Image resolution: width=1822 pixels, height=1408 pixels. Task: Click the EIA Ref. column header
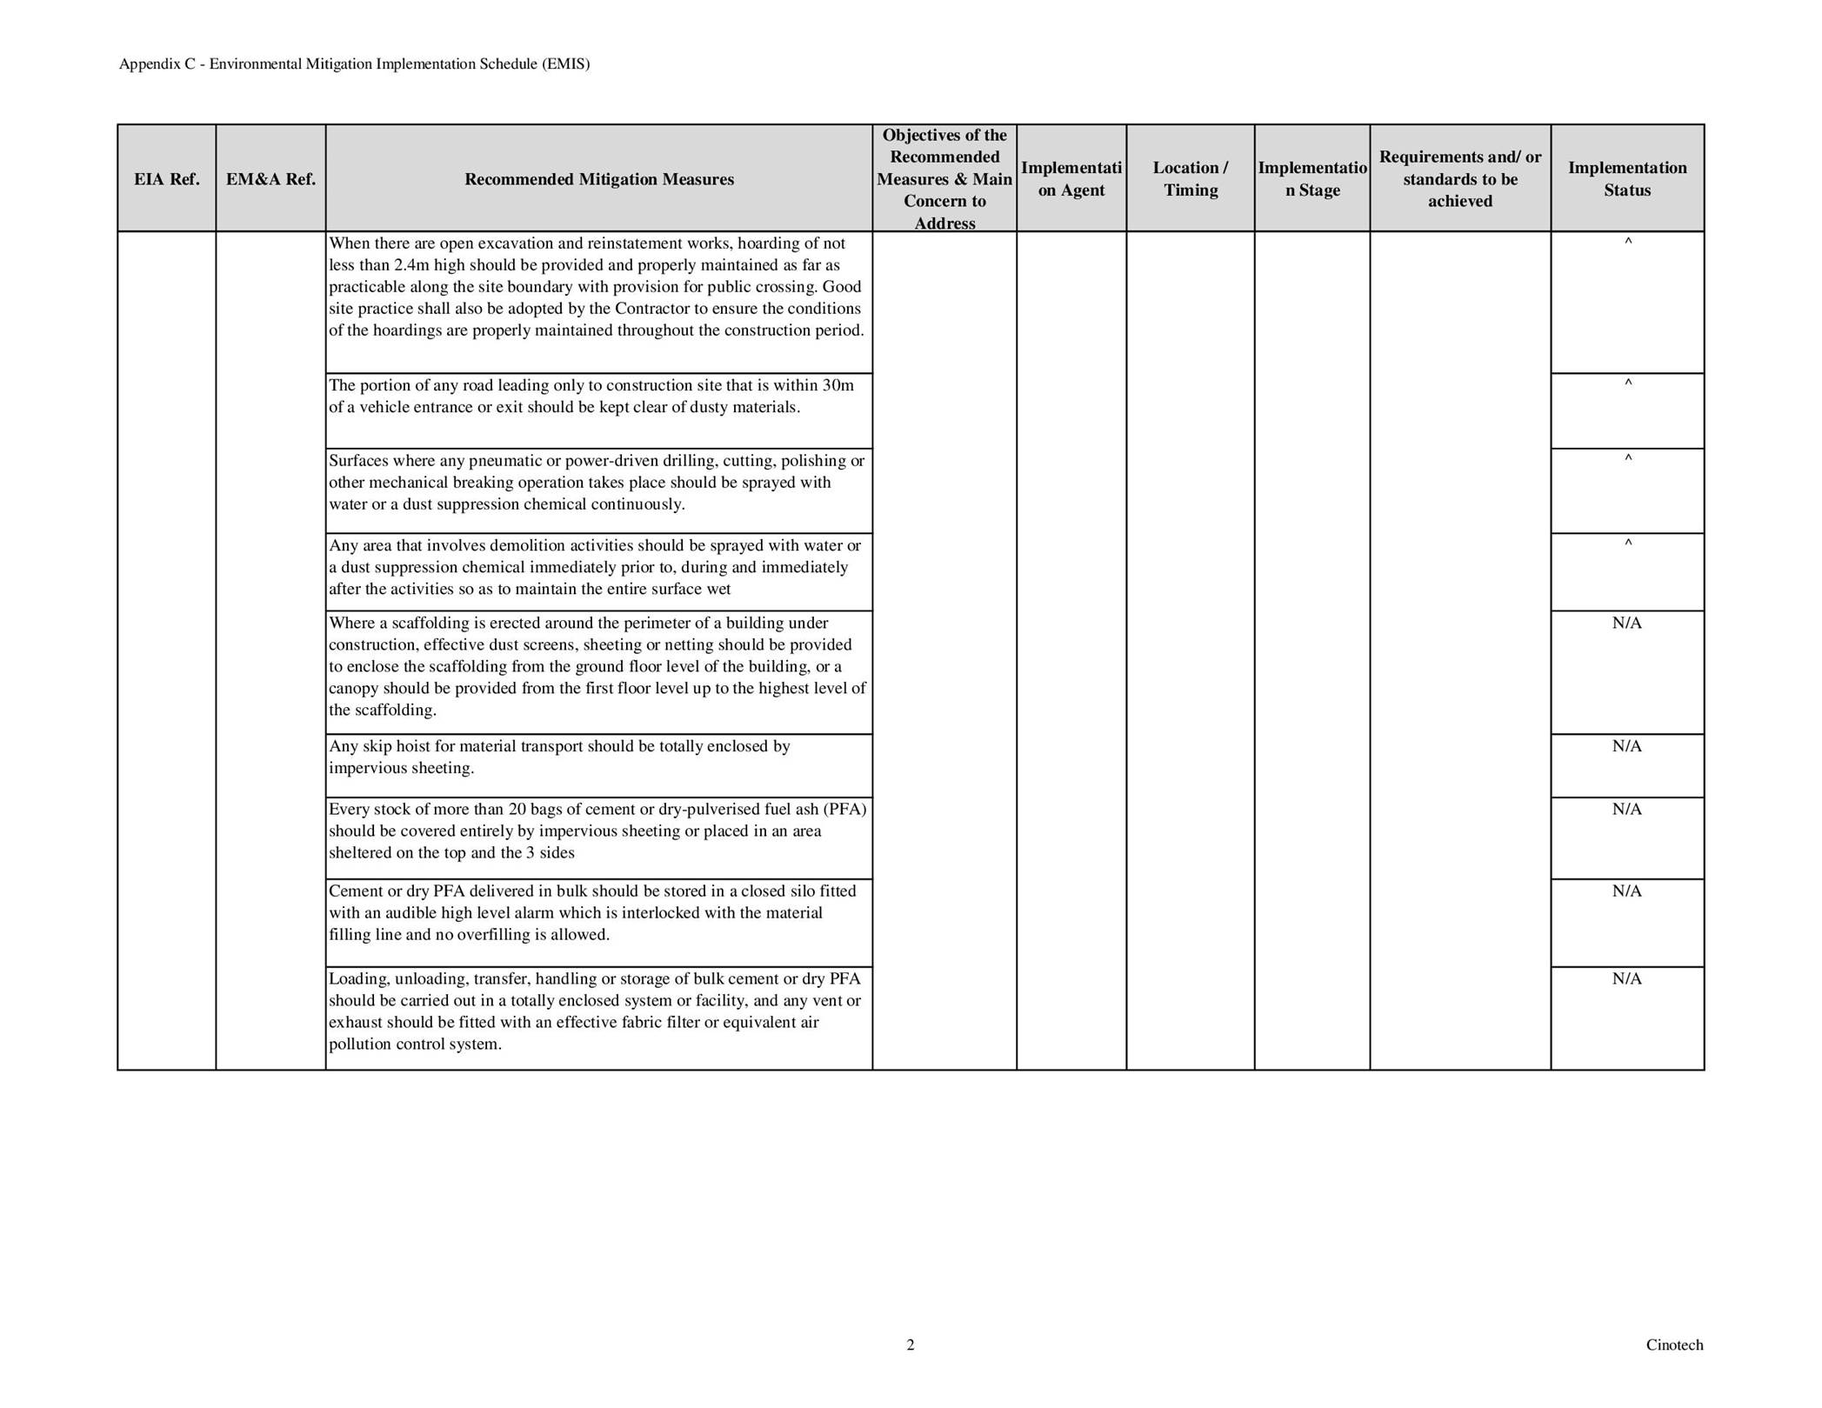click(166, 179)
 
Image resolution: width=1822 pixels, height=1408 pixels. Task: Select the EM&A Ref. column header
click(270, 179)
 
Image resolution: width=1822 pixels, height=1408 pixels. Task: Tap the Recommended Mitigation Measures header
click(598, 179)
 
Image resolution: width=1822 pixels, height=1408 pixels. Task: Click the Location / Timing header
click(1190, 179)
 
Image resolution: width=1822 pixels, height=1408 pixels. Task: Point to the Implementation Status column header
click(1626, 179)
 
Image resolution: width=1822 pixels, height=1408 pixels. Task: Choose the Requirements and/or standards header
click(1459, 179)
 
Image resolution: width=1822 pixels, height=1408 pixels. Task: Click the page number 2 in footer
click(911, 1345)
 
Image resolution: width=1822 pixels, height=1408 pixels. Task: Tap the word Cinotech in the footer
click(1674, 1345)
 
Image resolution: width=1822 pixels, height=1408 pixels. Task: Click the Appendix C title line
click(354, 64)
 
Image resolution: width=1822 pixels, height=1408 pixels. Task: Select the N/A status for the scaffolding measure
click(1626, 624)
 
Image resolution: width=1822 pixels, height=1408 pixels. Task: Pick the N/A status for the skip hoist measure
click(1626, 746)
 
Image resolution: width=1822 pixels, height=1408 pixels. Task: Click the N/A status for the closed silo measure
click(1626, 891)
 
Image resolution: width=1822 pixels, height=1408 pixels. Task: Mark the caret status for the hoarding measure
click(1628, 243)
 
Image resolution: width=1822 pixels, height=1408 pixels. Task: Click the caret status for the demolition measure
click(1628, 544)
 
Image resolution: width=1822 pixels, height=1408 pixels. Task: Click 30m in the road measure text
click(838, 385)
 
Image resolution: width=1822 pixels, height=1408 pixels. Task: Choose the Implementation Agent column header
click(1071, 179)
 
